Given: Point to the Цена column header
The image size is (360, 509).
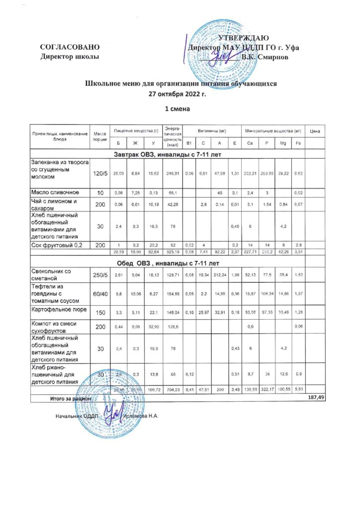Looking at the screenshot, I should coord(314,131).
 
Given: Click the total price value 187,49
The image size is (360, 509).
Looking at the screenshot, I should coord(314,398).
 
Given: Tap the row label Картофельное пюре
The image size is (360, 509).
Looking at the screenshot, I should coord(60,311).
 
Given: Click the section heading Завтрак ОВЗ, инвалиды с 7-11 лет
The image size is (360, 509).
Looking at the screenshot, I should coord(167,154).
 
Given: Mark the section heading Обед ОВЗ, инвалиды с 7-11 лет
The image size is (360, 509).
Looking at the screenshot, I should coord(167,262).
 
